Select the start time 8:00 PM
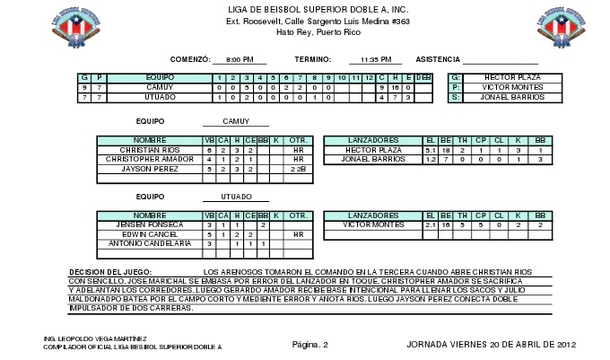point(240,60)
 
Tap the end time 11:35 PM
point(374,60)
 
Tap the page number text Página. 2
point(310,344)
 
